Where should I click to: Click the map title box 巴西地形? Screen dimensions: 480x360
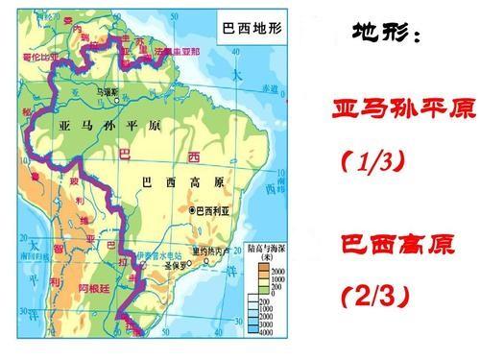pos(252,31)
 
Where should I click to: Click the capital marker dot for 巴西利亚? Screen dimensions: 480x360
pos(192,209)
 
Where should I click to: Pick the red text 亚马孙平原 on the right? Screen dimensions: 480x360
pos(401,108)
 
